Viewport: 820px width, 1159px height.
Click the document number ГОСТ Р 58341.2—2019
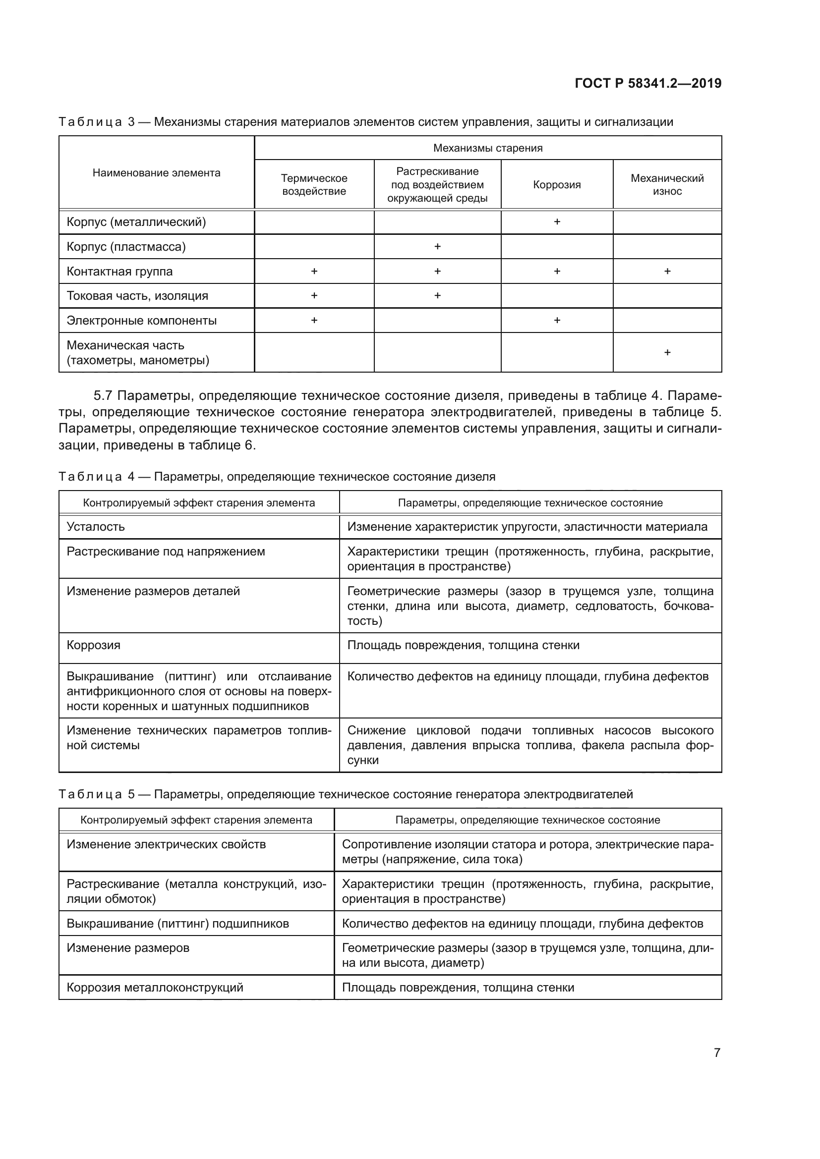(x=648, y=83)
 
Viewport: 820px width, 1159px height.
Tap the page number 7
(x=717, y=1052)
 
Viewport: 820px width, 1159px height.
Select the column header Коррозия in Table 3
(x=556, y=185)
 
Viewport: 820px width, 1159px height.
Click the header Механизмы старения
(x=488, y=148)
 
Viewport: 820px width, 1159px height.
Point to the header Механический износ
(x=667, y=185)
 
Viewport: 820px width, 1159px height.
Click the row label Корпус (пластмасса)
(x=126, y=247)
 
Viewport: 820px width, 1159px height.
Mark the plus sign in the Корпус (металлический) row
(x=557, y=221)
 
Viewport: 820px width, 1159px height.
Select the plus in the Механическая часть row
(x=667, y=352)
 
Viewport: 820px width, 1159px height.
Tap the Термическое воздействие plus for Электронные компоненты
(x=314, y=320)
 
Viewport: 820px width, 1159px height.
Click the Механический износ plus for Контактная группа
(x=667, y=271)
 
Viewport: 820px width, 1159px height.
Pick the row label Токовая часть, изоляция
(x=137, y=296)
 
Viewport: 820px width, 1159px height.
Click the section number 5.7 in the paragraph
(x=105, y=395)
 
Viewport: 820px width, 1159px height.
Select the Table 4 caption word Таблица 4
(x=97, y=477)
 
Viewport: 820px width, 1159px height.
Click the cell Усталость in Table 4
(x=96, y=527)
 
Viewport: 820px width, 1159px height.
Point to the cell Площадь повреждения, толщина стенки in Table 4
(x=463, y=645)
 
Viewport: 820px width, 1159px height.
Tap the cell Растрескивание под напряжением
(x=166, y=551)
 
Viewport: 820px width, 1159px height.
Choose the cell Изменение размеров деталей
(x=153, y=591)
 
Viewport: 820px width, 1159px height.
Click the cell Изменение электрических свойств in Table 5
(x=166, y=844)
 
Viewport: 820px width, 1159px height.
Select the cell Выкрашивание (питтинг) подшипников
(x=178, y=924)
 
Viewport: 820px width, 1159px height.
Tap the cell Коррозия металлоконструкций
(x=155, y=988)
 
